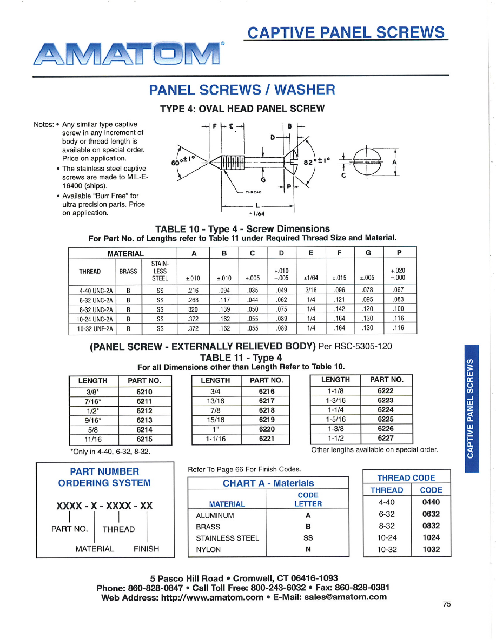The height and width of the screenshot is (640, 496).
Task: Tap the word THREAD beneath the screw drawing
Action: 254,192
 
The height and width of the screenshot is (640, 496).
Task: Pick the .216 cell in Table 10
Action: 193,289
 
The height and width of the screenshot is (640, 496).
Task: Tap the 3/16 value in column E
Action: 311,289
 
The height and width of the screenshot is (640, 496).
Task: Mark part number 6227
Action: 385,438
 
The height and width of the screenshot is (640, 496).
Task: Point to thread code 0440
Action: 431,502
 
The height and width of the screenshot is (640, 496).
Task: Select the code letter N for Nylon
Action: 307,549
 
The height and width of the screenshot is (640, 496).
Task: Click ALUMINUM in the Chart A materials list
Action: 215,515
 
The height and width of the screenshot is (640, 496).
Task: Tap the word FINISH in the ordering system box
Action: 146,549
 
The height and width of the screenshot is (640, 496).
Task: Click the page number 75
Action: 446,604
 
